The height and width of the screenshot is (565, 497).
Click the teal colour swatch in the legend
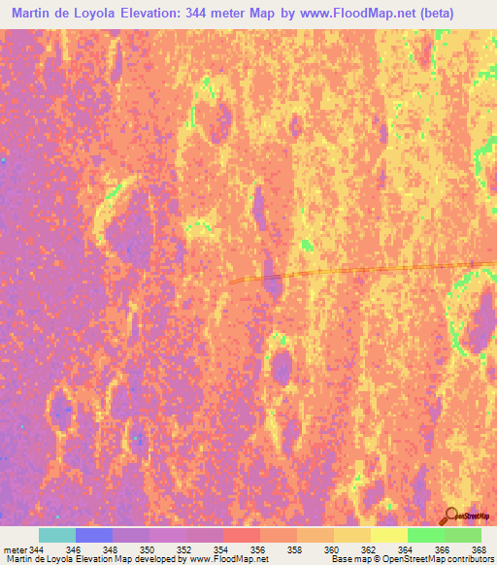coord(57,535)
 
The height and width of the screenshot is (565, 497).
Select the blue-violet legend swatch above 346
coord(94,535)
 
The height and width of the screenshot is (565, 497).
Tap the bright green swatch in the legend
coord(425,535)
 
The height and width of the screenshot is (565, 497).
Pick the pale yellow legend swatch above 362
coord(388,535)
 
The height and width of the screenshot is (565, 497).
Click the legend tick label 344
coord(36,549)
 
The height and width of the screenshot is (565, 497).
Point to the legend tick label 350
coord(147,549)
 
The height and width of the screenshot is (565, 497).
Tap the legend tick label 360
coord(330,549)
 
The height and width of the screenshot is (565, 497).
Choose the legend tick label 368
coord(478,549)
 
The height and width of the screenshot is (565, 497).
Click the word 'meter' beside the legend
coord(15,549)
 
